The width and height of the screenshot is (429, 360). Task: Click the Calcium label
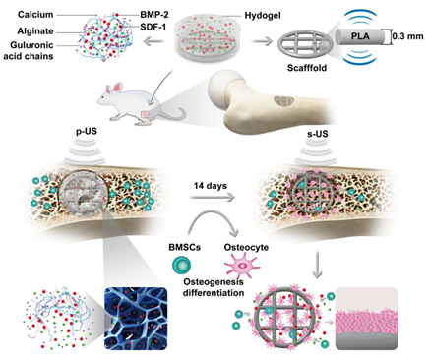[x=35, y=15]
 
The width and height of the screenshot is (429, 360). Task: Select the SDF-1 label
[x=153, y=27]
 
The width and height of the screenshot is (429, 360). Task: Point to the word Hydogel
[x=263, y=16]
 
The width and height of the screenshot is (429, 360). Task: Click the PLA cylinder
[x=361, y=35]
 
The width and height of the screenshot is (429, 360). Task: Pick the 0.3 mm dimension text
[x=408, y=36]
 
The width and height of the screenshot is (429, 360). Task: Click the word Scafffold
[x=307, y=68]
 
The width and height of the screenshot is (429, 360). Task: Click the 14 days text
[x=211, y=186]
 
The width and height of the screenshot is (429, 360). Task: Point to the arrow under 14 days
[x=213, y=197]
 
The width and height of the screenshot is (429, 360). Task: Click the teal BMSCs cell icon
[x=182, y=265]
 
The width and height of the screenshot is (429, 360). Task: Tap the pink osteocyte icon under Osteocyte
[x=242, y=266]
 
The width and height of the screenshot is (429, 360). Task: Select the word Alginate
[x=35, y=31]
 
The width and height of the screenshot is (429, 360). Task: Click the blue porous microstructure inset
[x=136, y=319]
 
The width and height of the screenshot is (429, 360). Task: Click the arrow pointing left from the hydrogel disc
[x=154, y=41]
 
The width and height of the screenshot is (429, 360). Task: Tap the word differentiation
[x=214, y=292]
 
